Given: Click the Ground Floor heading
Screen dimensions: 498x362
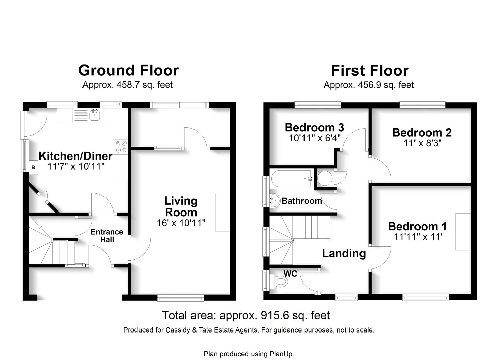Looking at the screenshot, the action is [128, 70].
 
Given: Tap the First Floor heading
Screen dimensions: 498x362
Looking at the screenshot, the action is [370, 71].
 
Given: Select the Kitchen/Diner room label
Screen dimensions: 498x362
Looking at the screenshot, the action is [75, 156].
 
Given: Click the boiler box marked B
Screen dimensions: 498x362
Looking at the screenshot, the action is [33, 167].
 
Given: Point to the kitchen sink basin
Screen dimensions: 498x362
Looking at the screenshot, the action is [95, 115].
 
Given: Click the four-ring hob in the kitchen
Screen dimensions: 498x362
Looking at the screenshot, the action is [120, 146].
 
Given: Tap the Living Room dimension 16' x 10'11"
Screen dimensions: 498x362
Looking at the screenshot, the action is [181, 223].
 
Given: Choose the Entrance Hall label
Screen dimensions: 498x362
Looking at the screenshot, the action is [107, 236].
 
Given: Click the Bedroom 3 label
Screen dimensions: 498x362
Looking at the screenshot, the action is [314, 128].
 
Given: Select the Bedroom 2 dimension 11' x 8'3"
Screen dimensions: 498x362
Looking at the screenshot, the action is [423, 143].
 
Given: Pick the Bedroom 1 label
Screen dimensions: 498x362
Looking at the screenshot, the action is [417, 226].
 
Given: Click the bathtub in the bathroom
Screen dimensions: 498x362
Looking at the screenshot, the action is [291, 178].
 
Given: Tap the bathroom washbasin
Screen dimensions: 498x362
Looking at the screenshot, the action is [274, 201].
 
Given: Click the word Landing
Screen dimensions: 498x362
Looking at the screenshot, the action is [344, 254].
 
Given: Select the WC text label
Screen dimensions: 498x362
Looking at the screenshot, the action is [290, 274].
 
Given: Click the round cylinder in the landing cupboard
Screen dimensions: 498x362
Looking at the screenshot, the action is [325, 178].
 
